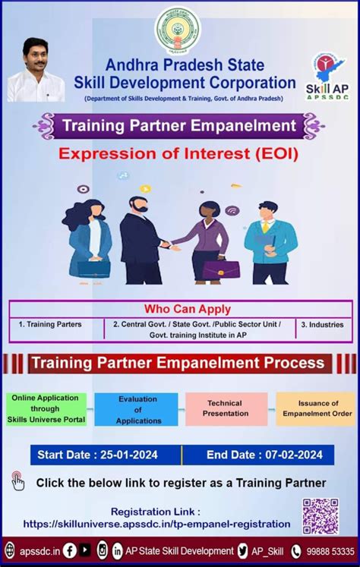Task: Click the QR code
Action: coord(321,516)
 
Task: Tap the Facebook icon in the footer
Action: coord(69,551)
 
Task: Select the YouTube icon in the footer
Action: coord(85,550)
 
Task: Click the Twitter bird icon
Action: coord(243,551)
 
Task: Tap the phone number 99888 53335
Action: coord(330,552)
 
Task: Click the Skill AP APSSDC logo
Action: coord(327,77)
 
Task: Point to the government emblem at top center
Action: coord(178,30)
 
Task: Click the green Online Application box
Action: coord(46,409)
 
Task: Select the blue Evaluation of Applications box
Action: coord(137,410)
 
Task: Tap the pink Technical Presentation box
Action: coord(226,409)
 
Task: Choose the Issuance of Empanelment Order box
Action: coord(316,409)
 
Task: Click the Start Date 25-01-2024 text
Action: coord(97,455)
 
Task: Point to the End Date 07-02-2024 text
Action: coord(264,455)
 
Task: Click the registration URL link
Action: coord(156,524)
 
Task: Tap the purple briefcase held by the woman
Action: coord(220,269)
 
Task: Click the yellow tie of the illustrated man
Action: coord(266,226)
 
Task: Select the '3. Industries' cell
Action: coord(322,325)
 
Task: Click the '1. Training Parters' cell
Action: coord(50,324)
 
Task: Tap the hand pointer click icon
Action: coord(17,480)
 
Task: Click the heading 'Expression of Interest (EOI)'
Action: coord(178,153)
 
